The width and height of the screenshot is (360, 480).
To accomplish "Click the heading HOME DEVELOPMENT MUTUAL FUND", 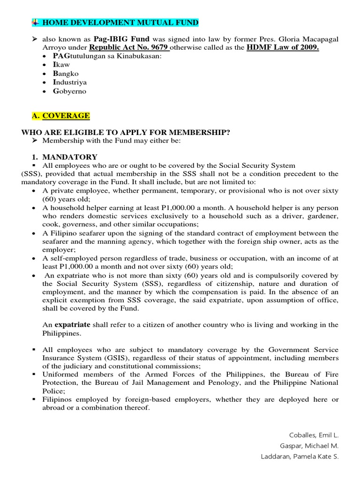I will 120,22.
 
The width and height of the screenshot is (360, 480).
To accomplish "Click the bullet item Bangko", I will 66,74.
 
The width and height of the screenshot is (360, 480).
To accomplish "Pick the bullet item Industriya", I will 70,82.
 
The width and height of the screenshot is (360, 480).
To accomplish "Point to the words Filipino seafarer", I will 72,233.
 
